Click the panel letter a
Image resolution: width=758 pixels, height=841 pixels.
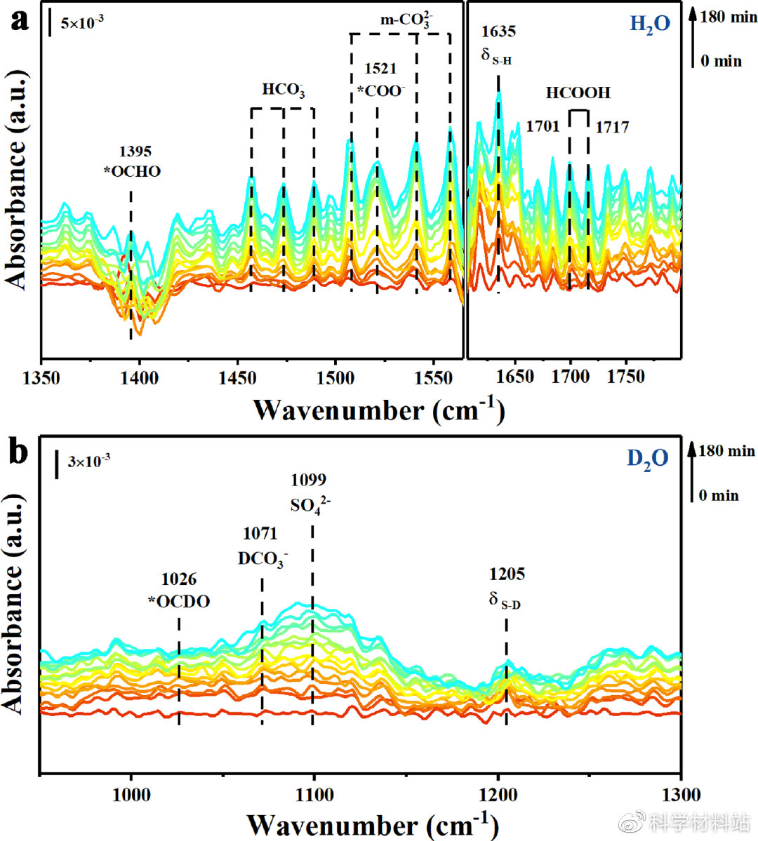click(x=19, y=19)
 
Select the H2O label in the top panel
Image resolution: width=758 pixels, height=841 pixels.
click(x=649, y=25)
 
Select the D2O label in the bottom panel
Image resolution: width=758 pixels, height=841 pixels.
click(x=647, y=459)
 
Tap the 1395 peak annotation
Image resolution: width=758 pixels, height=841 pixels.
click(x=135, y=152)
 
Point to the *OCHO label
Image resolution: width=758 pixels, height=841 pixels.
click(x=133, y=171)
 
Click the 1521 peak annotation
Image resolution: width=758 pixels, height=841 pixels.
click(x=380, y=69)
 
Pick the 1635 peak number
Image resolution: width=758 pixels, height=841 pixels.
click(x=498, y=32)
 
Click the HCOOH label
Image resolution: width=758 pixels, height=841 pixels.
click(x=578, y=93)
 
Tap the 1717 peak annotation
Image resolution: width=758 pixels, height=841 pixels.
click(x=612, y=128)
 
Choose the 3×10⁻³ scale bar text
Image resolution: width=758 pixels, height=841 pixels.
click(x=88, y=461)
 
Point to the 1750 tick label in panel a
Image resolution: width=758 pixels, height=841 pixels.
click(x=625, y=377)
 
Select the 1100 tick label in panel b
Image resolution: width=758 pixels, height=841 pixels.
click(x=314, y=795)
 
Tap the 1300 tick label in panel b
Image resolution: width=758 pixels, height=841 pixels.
click(x=681, y=795)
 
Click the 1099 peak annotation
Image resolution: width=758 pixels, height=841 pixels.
click(x=308, y=480)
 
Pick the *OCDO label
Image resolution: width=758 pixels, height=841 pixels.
click(x=179, y=601)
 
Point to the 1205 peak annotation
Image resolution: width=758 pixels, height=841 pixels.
click(x=507, y=574)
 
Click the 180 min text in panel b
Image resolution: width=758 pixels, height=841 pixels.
click(x=727, y=451)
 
